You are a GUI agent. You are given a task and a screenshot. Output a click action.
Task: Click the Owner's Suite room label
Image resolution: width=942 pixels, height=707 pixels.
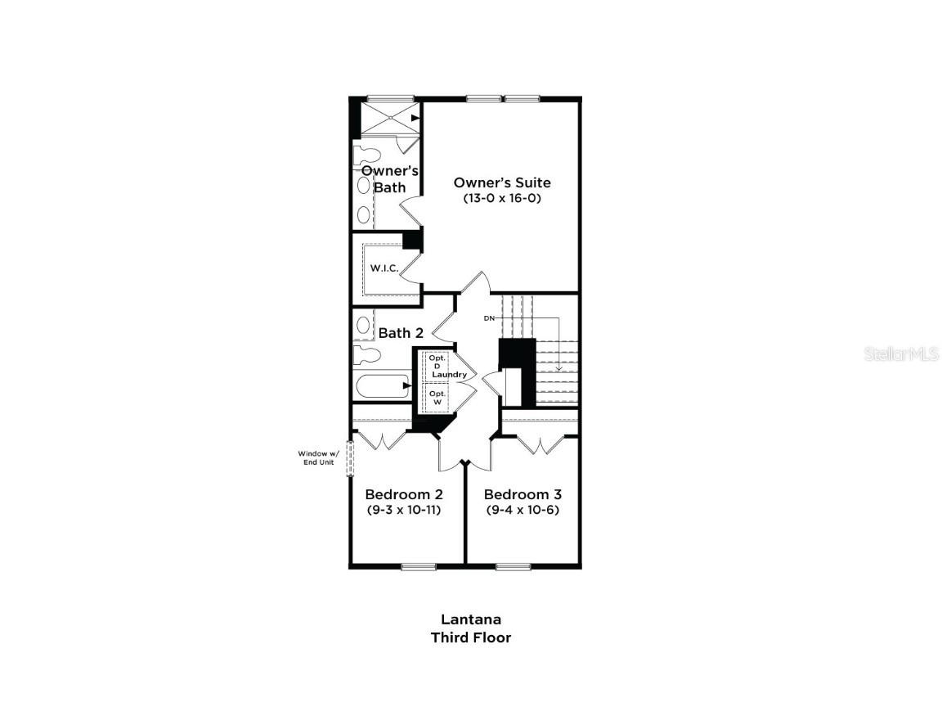501,182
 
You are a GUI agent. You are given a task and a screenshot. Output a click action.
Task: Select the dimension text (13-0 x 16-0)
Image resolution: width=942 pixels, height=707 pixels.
501,198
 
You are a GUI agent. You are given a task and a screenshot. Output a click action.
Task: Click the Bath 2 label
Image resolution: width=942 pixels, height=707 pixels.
401,333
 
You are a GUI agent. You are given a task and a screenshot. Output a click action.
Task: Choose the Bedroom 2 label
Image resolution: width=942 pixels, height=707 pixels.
404,494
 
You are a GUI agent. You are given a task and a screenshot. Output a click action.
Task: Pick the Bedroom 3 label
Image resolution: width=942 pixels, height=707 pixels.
523,494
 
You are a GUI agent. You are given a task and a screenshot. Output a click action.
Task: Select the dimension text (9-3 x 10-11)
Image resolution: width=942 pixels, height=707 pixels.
404,510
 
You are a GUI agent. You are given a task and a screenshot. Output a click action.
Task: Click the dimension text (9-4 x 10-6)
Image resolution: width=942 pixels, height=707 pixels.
523,510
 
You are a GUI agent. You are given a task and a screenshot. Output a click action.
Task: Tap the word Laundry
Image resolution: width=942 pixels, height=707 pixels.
449,375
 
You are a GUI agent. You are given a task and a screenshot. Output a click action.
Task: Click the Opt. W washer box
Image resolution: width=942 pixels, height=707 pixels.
437,398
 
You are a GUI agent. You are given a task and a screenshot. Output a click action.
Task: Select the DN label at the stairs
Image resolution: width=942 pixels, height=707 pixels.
489,317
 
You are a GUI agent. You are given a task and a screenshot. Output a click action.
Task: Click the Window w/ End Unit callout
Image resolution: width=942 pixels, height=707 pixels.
316,457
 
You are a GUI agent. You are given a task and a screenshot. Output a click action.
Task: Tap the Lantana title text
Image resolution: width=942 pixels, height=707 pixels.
471,619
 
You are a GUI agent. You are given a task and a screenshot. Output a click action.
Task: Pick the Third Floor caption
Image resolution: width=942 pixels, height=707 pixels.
471,637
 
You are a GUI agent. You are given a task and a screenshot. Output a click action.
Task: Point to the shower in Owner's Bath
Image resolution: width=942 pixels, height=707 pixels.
390,119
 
